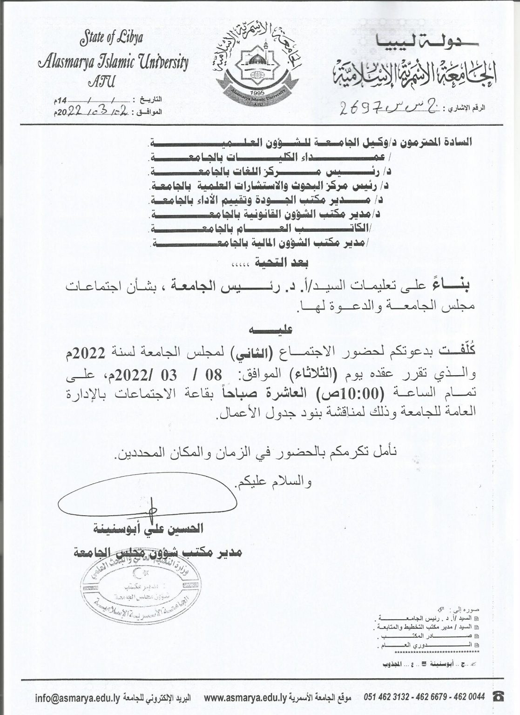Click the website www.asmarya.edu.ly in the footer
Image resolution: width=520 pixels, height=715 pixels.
[238, 698]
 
